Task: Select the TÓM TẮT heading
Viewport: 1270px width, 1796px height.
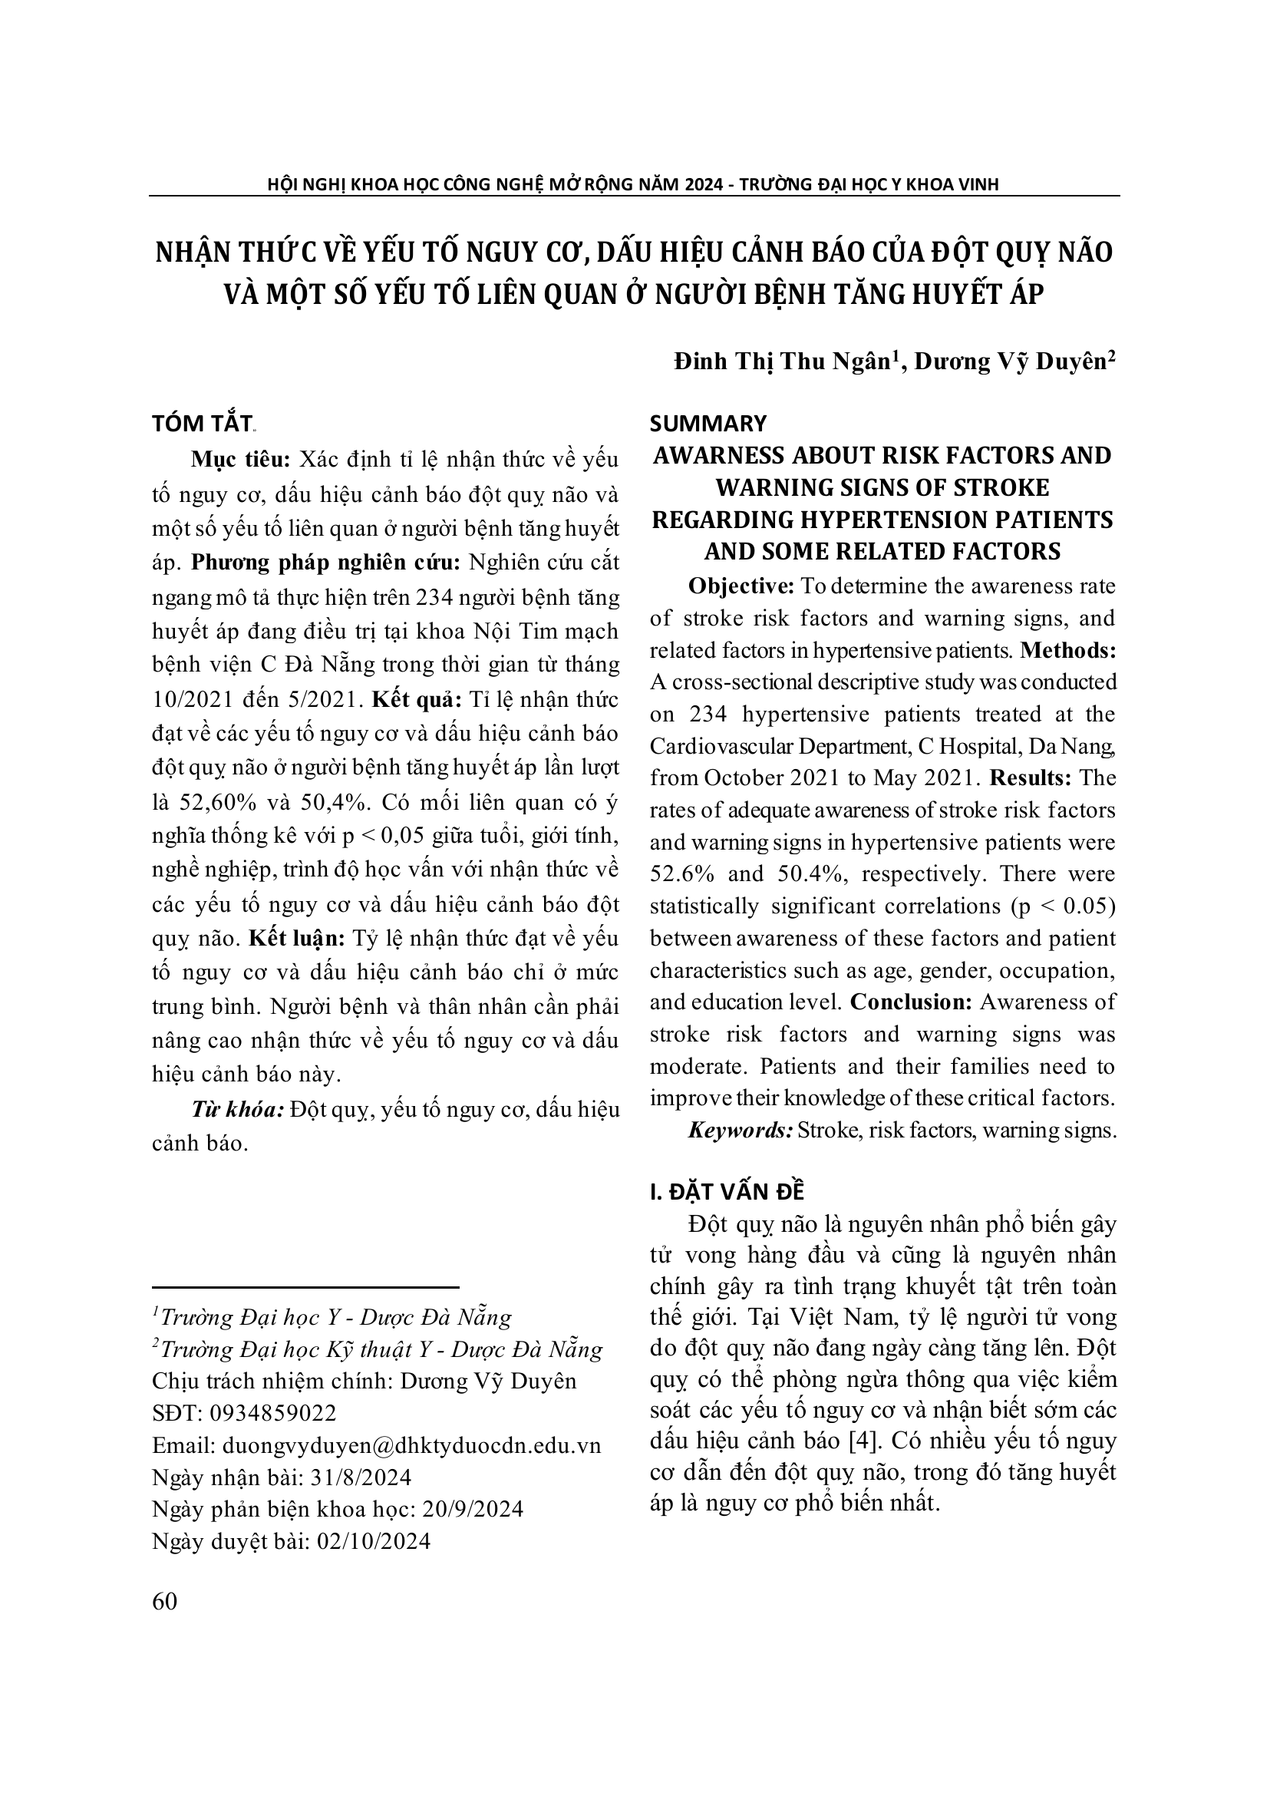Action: [x=202, y=423]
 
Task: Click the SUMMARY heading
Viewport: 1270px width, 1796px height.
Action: [x=708, y=423]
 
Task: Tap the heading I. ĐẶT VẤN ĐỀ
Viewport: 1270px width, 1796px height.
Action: [x=727, y=1191]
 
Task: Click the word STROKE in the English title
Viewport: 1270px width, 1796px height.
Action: [x=1002, y=487]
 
